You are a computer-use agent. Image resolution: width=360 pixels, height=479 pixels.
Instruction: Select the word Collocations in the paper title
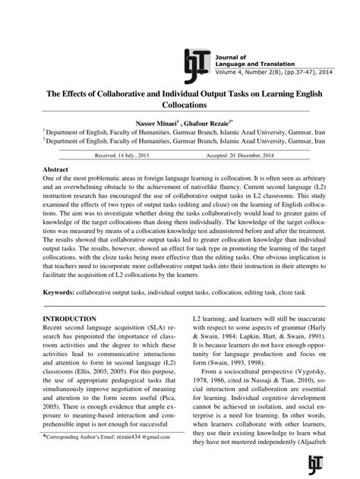(179, 105)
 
